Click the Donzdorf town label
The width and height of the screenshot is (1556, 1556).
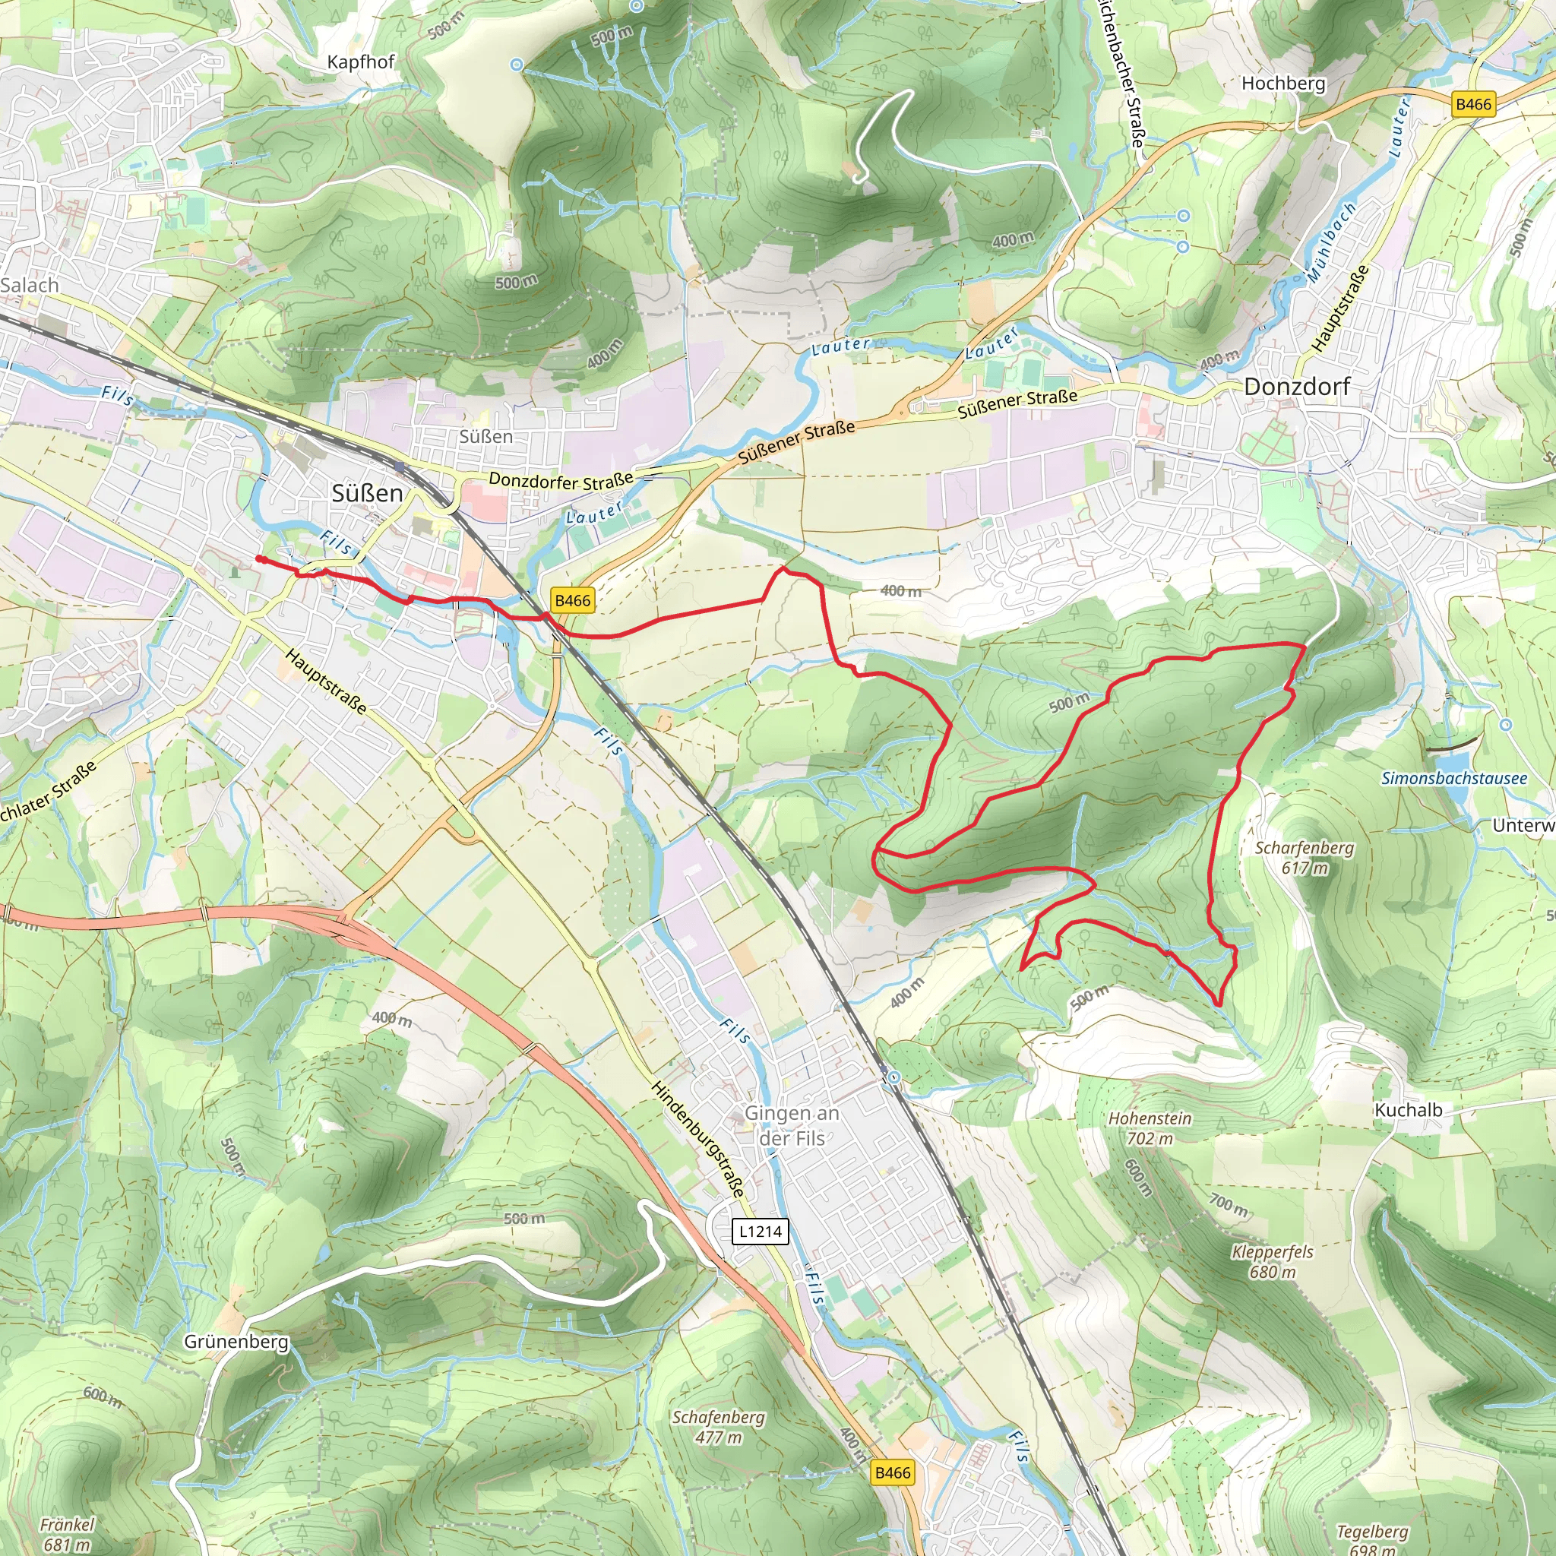pos(1297,387)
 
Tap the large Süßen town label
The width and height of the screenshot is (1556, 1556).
pos(367,493)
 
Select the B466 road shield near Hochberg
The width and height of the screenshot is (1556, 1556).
pos(1473,104)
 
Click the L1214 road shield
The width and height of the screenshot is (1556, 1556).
pos(761,1231)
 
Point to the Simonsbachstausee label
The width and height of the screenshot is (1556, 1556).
pos(1453,778)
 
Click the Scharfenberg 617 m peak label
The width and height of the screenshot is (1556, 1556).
pos(1304,857)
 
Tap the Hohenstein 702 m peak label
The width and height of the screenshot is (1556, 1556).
pos(1150,1127)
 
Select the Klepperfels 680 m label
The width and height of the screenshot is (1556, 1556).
pos(1272,1261)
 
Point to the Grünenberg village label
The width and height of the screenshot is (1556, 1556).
pos(236,1341)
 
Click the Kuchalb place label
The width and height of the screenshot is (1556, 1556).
pos(1408,1110)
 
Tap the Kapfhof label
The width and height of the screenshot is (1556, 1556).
pos(361,62)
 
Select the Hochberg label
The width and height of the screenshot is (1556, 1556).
pos(1283,83)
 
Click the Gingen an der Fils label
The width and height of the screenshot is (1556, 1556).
pos(792,1125)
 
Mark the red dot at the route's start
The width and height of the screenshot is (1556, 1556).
pos(259,558)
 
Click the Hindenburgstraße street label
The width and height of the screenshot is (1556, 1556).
pos(697,1138)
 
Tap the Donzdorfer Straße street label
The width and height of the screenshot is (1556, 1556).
pos(561,481)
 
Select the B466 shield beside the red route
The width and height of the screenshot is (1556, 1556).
pos(573,600)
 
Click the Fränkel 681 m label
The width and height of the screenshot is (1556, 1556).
pos(67,1533)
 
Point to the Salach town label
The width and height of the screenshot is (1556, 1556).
pos(30,285)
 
